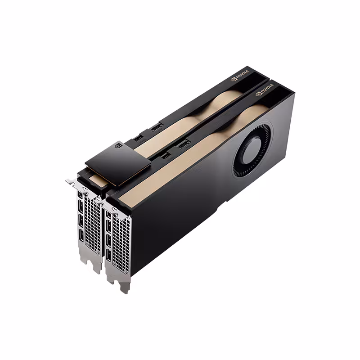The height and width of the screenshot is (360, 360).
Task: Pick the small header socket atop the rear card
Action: (138, 137)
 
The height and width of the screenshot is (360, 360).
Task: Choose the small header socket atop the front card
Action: (165, 155)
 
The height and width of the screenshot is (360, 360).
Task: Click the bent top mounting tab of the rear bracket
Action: (72, 182)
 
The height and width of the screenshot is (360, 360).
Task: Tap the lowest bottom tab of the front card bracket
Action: (124, 287)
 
